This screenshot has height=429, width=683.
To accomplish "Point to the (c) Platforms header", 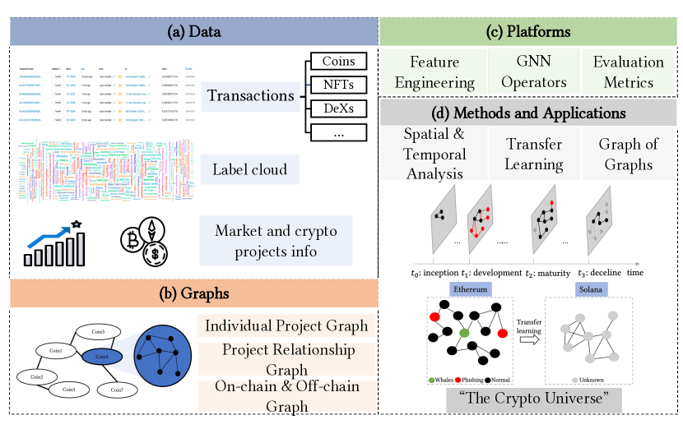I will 529,33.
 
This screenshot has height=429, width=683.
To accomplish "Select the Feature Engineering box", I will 434,71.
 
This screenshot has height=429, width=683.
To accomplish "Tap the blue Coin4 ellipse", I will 101,356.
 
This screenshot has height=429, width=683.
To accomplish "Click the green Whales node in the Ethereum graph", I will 465,333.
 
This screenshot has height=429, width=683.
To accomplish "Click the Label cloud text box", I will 250,170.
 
